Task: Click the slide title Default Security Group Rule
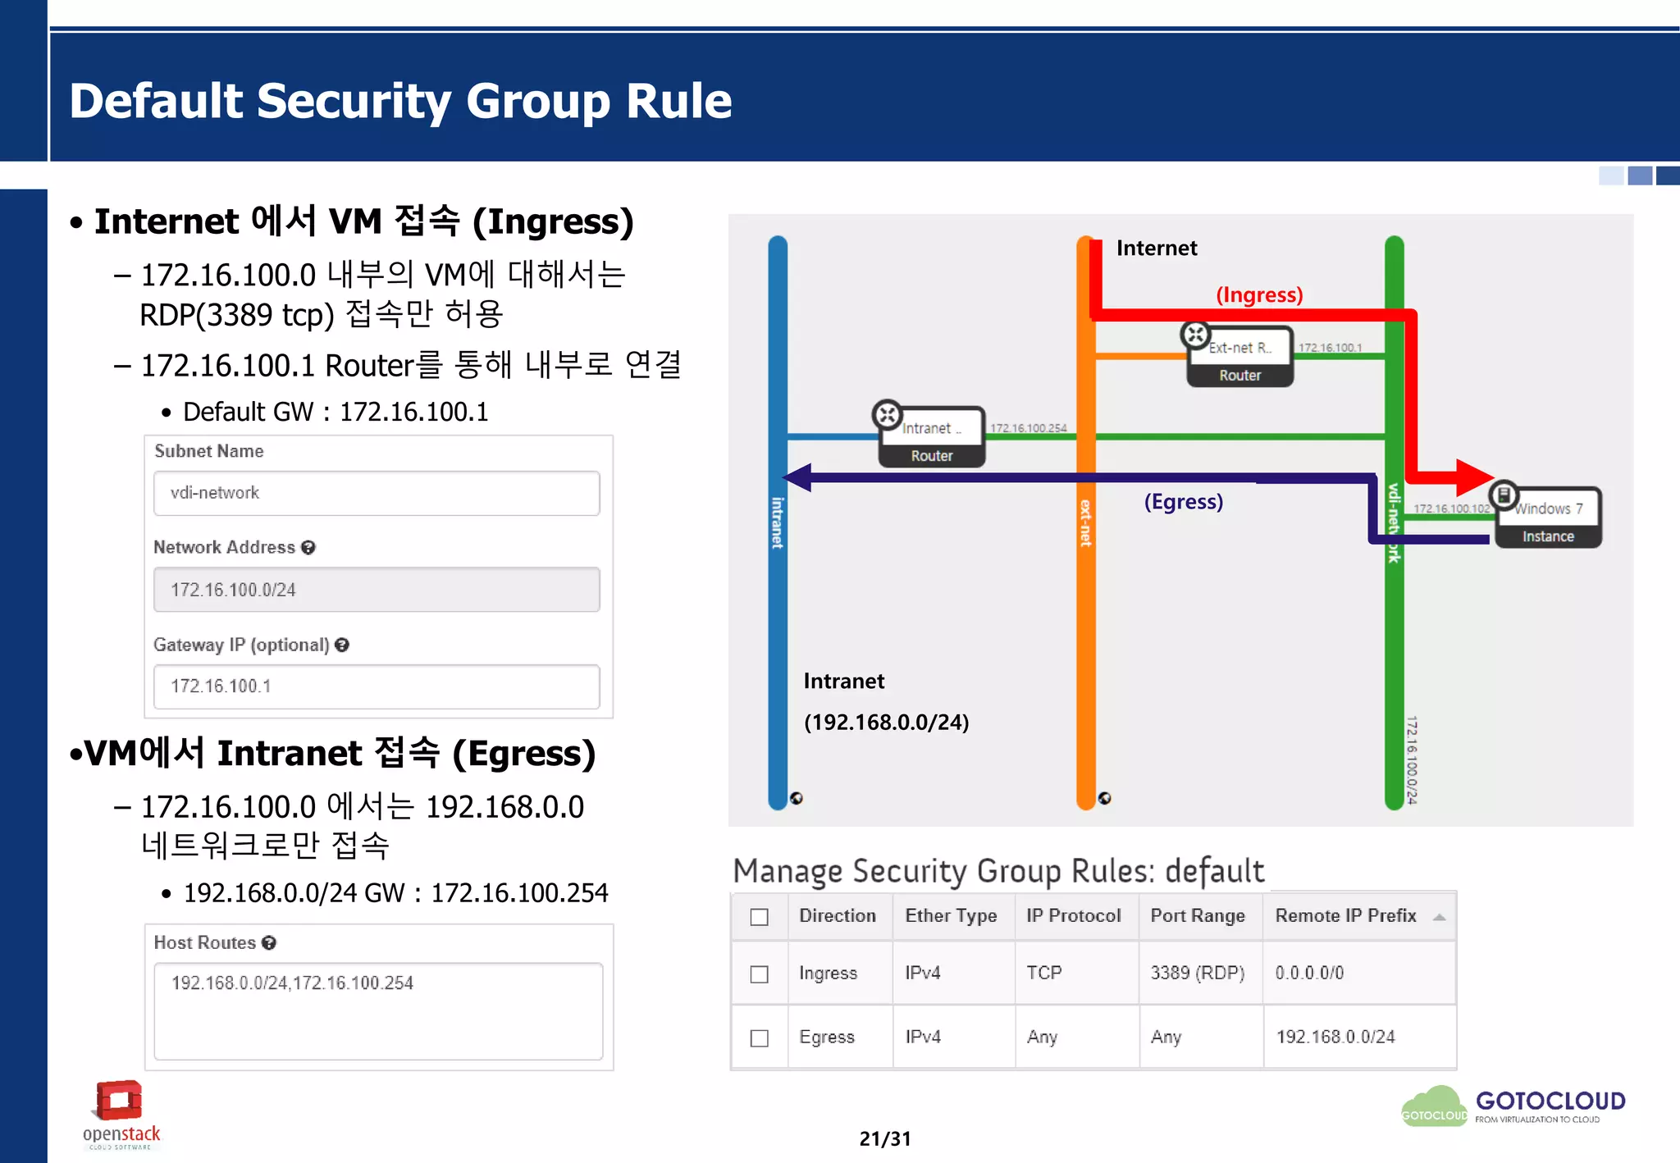400,101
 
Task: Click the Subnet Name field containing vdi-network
377,493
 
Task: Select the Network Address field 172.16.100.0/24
377,590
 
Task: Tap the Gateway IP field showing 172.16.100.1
377,686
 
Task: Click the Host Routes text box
378,1010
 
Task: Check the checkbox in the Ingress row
760,974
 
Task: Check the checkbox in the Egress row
760,1038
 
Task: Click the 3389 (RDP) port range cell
1197,973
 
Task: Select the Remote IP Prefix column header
1345,915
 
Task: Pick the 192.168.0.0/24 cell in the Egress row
1335,1037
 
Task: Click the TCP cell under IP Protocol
1043,973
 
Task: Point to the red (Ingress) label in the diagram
1258,294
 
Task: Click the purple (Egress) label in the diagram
1183,501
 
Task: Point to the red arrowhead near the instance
1474,477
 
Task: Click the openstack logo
121,1114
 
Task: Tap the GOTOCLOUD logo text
1550,1101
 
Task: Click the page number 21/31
884,1138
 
